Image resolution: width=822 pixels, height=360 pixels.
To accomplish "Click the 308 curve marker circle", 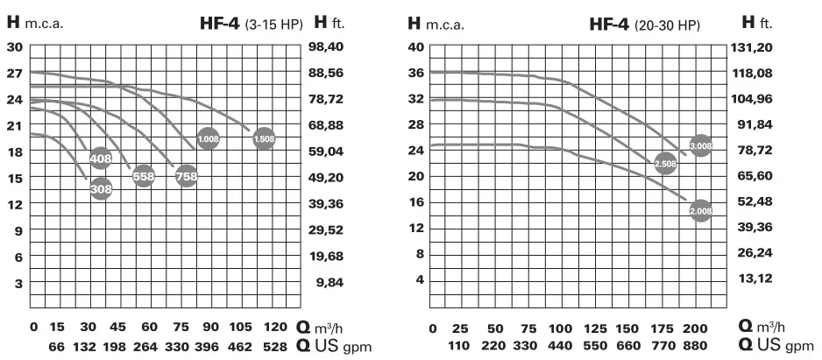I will (x=101, y=187).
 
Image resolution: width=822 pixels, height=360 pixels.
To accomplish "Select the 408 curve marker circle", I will (x=101, y=159).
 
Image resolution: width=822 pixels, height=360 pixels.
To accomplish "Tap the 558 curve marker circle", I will (x=144, y=176).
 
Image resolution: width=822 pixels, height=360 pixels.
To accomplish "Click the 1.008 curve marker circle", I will (x=209, y=138).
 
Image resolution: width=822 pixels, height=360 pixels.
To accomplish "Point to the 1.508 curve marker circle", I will (x=264, y=138).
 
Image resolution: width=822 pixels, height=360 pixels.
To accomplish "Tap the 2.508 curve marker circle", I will (x=666, y=163).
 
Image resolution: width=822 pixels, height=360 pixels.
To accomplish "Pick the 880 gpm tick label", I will (x=694, y=348).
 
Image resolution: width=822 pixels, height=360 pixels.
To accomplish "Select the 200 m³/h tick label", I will (x=694, y=328).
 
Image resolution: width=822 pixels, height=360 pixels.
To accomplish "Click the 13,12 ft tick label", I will (x=747, y=279).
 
